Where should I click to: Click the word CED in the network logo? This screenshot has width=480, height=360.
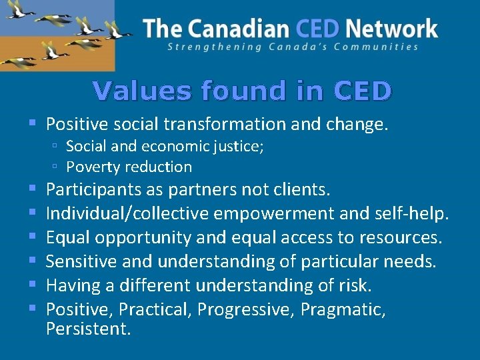(317, 28)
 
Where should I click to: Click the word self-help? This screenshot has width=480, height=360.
(419, 214)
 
